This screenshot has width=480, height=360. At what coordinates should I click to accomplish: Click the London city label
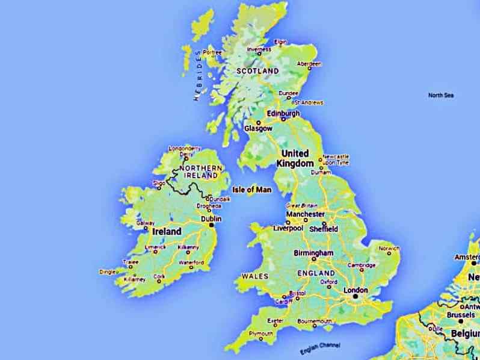pos(355,290)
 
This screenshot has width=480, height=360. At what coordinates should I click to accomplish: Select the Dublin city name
pos(211,220)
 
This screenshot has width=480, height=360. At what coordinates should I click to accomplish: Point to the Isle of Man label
pos(252,190)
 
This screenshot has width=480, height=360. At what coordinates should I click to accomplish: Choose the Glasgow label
pos(258,129)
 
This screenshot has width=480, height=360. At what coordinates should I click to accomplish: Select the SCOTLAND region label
pos(257,71)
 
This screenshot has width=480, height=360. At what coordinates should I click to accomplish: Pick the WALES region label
pos(254,276)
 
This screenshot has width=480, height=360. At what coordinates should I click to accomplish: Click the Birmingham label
pos(313,253)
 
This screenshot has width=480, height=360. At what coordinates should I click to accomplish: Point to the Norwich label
pos(389,248)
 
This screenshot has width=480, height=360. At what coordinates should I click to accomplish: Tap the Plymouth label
pos(260,334)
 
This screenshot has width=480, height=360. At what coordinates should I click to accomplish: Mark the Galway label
pos(146,223)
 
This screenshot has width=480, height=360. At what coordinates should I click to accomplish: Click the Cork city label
pos(159,276)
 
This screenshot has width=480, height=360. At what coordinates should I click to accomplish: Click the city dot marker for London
pos(355,296)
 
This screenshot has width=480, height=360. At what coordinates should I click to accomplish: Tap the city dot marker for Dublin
pos(211,226)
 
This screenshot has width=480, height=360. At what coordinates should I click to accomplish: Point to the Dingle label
pos(108,272)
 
